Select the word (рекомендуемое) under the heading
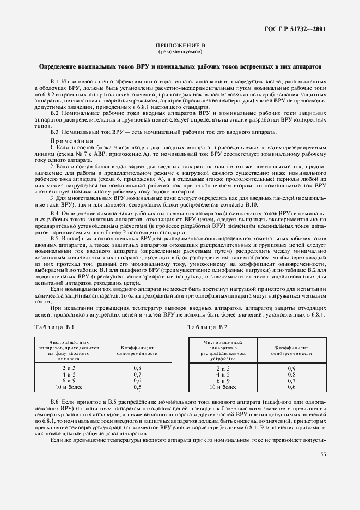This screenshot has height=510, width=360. [x=180, y=52]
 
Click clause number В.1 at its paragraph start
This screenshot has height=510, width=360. [x=54, y=81]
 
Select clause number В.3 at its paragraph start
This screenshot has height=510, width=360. [x=54, y=132]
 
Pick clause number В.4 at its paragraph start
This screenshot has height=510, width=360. [x=54, y=212]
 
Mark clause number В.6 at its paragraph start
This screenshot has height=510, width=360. [x=54, y=402]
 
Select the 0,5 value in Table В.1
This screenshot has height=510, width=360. [x=137, y=387]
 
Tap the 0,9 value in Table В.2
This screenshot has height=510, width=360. [x=291, y=369]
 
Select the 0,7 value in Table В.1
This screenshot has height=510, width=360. [x=137, y=375]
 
